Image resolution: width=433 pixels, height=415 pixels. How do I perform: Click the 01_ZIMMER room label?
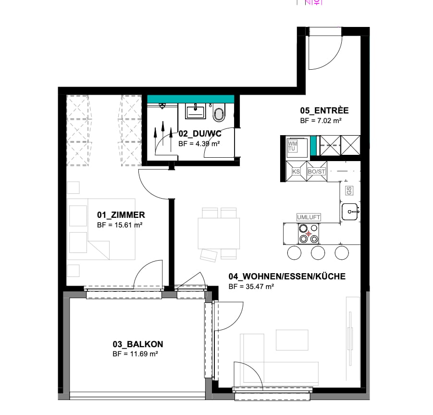click(121, 215)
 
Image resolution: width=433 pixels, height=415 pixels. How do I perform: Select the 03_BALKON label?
click(138, 344)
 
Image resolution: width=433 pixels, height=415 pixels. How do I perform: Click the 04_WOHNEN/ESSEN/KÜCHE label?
click(287, 277)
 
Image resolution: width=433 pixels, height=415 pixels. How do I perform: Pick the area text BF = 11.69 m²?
click(136, 354)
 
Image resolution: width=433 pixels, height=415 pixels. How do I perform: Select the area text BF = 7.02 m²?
click(321, 121)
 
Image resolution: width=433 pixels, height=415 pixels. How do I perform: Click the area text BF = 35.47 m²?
click(251, 287)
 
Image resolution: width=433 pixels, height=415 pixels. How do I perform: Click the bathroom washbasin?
click(195, 112)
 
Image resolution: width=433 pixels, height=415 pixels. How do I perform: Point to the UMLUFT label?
click(309, 217)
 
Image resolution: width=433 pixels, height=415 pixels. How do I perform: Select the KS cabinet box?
click(296, 171)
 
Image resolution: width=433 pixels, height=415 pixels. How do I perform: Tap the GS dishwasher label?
click(349, 190)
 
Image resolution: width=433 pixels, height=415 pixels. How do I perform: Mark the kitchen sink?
click(350, 211)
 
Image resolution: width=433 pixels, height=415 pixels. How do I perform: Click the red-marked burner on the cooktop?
click(309, 234)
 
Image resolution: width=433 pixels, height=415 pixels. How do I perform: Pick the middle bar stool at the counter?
click(318, 252)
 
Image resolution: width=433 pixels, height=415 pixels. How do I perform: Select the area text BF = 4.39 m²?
click(199, 143)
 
